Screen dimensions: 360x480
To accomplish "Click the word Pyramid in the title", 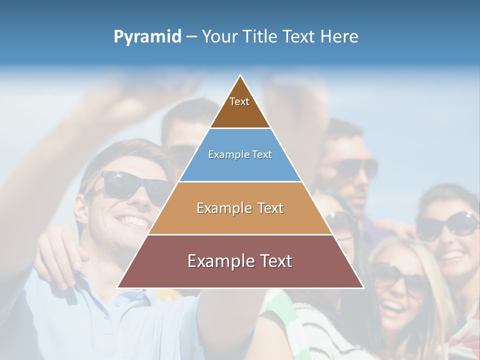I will (147, 37).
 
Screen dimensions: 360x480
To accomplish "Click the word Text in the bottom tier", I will (274, 260).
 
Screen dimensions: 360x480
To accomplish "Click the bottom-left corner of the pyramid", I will (117, 287).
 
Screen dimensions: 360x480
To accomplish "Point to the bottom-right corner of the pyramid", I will (363, 287).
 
